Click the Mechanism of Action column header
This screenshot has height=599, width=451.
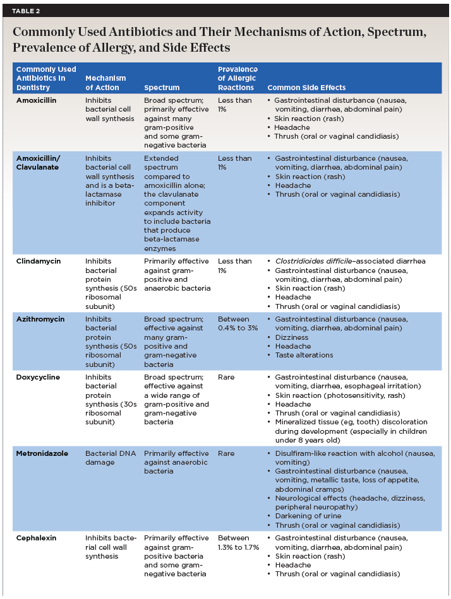click(105, 83)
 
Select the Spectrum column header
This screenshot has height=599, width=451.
click(162, 88)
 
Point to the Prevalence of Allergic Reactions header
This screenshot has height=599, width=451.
click(237, 78)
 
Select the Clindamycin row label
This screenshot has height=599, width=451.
click(39, 261)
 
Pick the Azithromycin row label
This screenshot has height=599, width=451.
click(40, 319)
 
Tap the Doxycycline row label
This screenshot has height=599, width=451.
click(39, 377)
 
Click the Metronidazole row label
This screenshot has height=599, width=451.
click(42, 453)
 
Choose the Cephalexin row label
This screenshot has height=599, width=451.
click(37, 538)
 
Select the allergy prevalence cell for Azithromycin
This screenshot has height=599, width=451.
click(235, 323)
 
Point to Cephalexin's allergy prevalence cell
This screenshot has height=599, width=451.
click(238, 542)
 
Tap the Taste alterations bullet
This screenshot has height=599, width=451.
click(304, 355)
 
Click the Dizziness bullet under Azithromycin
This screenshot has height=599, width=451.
click(292, 337)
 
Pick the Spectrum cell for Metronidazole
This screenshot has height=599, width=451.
click(173, 462)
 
